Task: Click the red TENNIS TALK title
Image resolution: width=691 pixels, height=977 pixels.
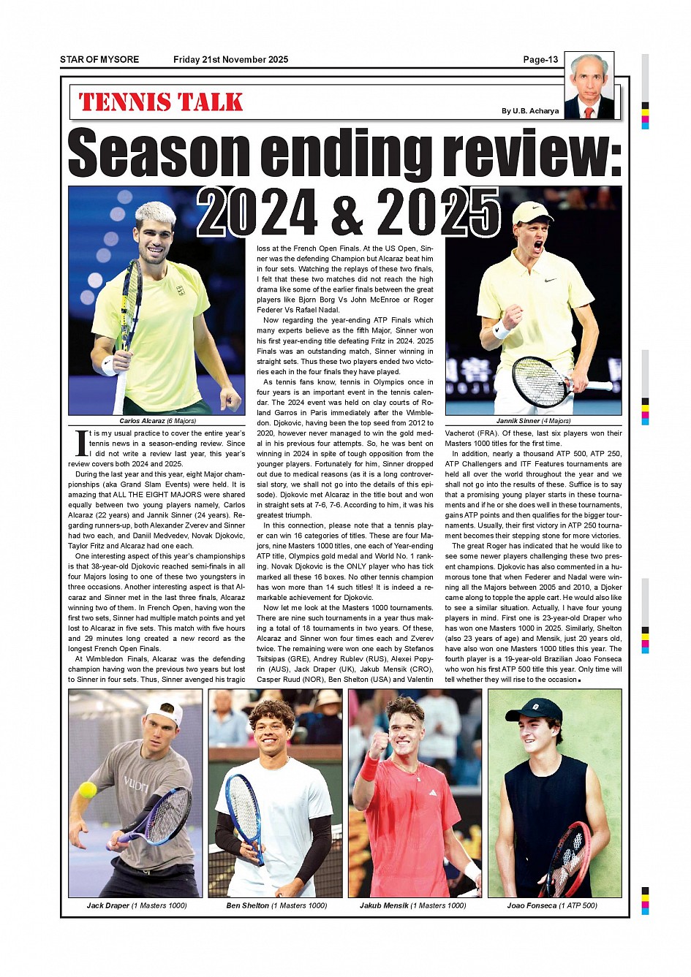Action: (x=161, y=102)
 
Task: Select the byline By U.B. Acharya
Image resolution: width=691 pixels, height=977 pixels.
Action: (x=529, y=111)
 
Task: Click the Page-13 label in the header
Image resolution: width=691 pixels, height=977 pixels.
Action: (x=540, y=60)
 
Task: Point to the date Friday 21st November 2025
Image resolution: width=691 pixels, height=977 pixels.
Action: (x=230, y=60)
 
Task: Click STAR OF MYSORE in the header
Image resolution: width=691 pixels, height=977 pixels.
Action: (x=99, y=60)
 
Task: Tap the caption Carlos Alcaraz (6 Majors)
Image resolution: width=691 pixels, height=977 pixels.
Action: (x=157, y=421)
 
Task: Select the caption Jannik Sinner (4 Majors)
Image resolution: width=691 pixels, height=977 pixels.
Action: (x=533, y=421)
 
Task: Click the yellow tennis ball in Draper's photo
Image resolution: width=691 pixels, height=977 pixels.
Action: (x=88, y=789)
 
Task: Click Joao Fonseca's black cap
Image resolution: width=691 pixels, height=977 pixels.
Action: (x=534, y=710)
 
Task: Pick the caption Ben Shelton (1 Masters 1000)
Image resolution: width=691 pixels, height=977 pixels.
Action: (x=276, y=905)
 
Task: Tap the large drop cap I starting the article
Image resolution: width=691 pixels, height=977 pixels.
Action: (x=81, y=443)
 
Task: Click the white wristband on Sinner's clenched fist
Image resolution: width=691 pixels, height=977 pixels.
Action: (x=502, y=330)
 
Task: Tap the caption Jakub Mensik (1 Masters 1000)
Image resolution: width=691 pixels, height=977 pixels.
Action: (x=412, y=905)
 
